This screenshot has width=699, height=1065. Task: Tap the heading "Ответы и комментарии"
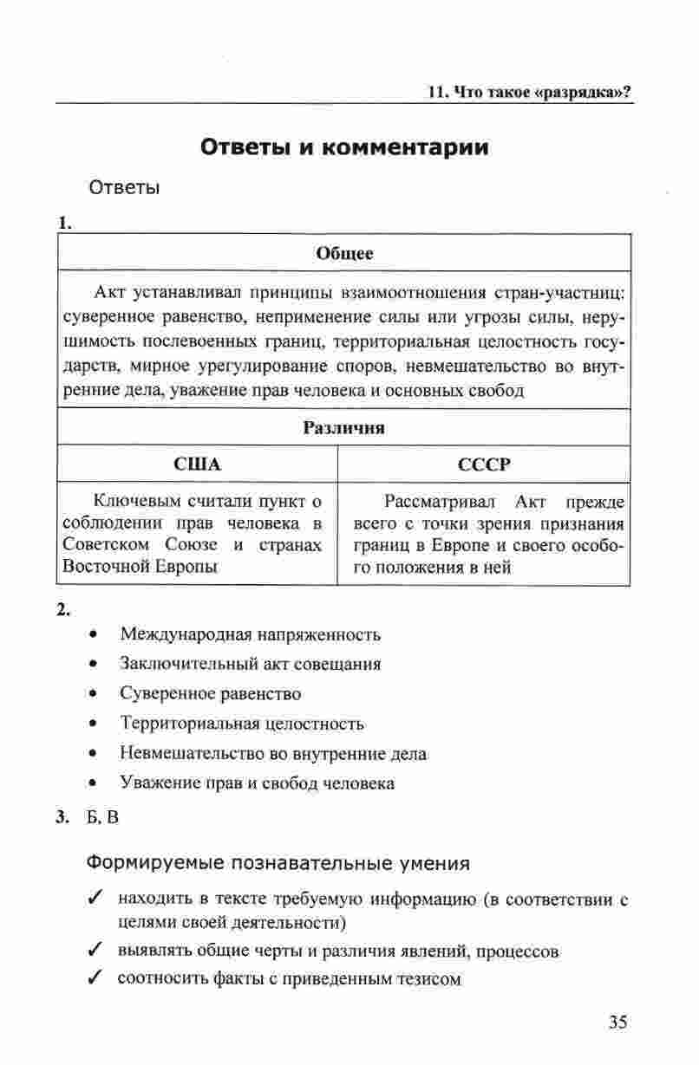pos(344,147)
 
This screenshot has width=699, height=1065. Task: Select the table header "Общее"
pos(344,254)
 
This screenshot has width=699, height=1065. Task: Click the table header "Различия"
pos(344,427)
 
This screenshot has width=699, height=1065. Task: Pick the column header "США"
pos(198,464)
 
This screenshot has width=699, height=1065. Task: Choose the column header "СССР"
pos(484,464)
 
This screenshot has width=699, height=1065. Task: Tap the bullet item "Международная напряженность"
pos(250,634)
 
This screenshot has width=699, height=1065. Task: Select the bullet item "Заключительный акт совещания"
pos(251,664)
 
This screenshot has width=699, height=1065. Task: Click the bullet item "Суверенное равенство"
pos(211,693)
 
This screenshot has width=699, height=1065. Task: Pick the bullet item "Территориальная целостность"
pos(242,724)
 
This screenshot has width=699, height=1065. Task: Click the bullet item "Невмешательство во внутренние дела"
pos(273,754)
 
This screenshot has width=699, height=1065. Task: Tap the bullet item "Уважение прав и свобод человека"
pos(257,783)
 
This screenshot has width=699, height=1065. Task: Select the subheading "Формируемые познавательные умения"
pos(278,863)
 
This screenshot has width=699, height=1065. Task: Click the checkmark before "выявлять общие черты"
pos(96,951)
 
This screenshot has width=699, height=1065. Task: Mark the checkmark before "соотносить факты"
pos(96,980)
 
